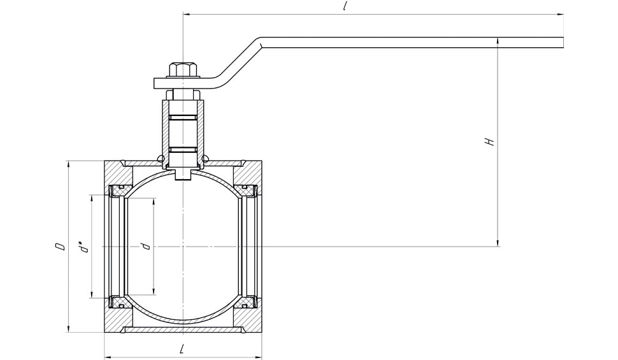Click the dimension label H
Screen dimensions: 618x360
[x=489, y=141]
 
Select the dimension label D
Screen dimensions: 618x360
[x=60, y=247]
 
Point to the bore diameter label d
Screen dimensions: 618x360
[x=147, y=247]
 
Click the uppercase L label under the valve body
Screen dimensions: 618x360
[x=182, y=349]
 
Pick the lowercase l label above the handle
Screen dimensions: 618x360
[x=345, y=6]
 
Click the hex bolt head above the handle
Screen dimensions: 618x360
[x=183, y=69]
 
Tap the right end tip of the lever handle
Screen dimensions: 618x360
[x=563, y=43]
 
